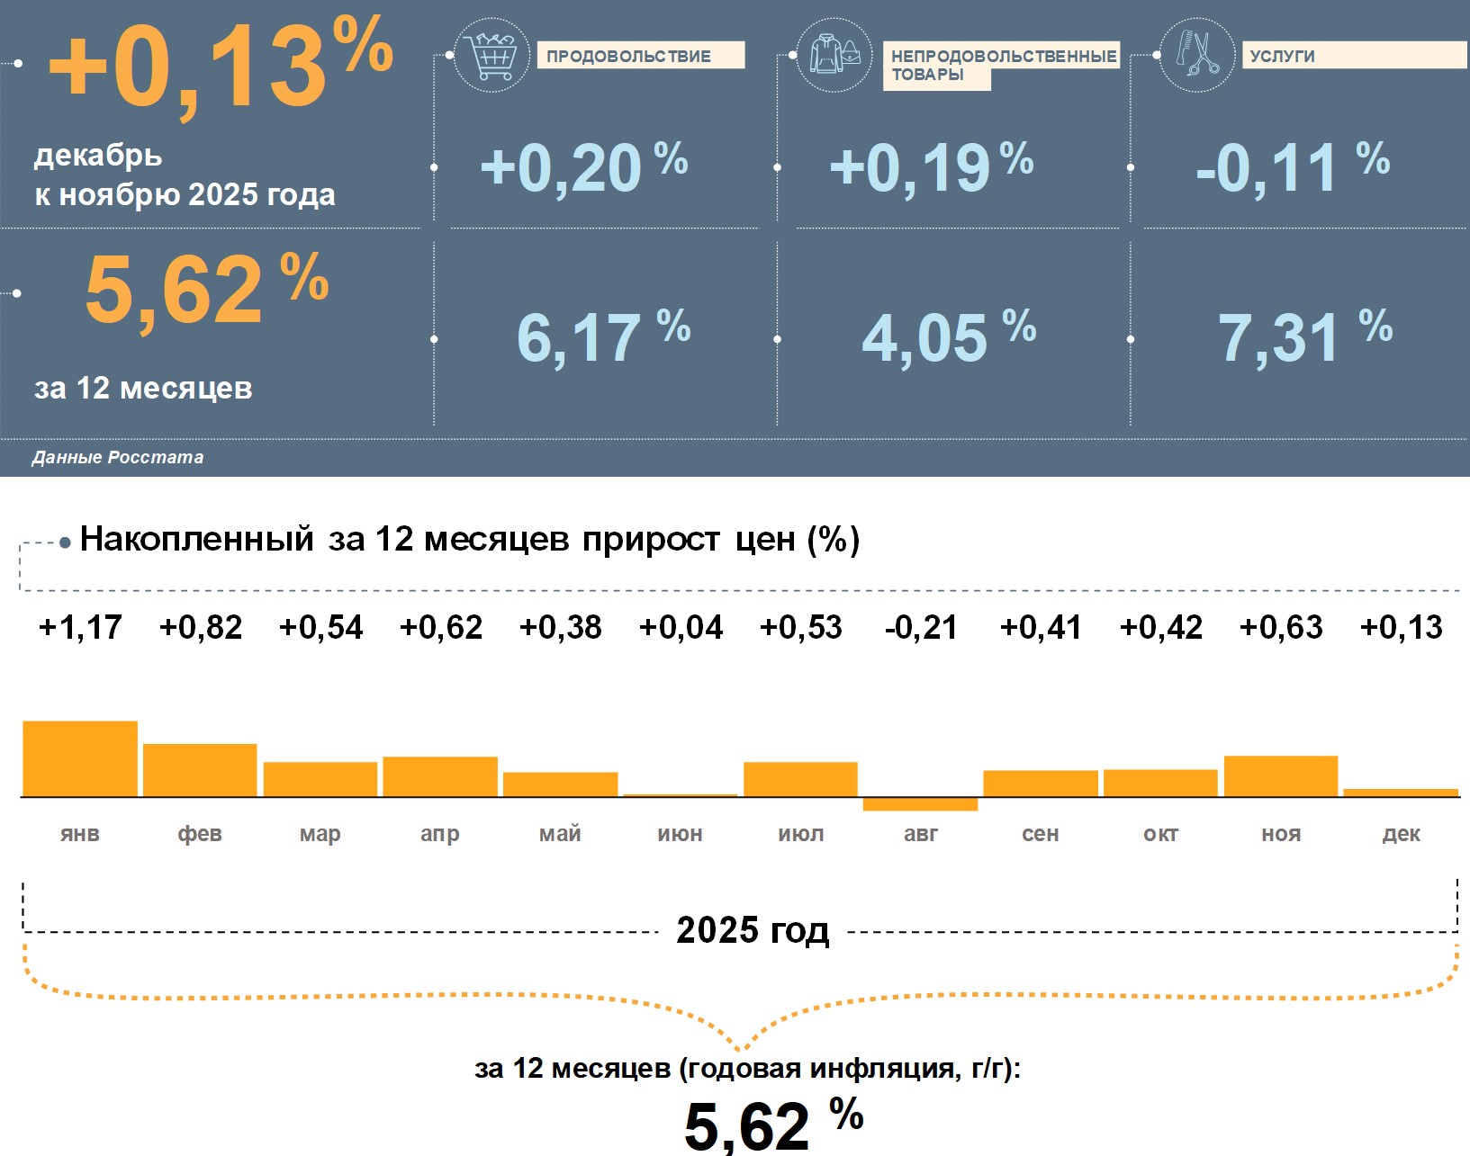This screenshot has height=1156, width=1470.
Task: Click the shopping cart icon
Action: [492, 57]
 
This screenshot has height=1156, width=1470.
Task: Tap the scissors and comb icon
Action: [1196, 55]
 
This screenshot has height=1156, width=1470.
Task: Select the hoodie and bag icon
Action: [834, 55]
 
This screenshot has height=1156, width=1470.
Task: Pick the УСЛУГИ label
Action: [1282, 56]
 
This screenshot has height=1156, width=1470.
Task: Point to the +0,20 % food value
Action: [583, 166]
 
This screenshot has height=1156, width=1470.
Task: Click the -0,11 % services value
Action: [1292, 166]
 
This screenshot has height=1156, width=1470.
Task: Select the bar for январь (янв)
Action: [80, 758]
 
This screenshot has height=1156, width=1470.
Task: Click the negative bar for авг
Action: [920, 804]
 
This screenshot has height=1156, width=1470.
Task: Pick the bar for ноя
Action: [1280, 775]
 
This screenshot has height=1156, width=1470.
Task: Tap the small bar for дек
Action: [1401, 793]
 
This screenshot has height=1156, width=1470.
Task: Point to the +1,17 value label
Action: [80, 627]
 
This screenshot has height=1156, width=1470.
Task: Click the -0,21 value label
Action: [920, 627]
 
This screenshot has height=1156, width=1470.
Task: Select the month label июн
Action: [680, 834]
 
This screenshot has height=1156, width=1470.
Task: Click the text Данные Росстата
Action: [118, 457]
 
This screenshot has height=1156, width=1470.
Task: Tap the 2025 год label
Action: [753, 930]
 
